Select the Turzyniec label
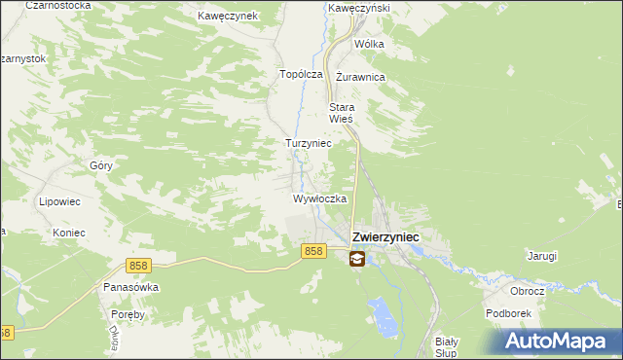point(308,143)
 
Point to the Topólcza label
point(301,74)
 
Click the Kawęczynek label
point(227,17)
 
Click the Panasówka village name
point(130,288)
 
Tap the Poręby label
point(128,314)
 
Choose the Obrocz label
point(527,291)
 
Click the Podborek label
point(507,314)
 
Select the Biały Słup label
point(447,347)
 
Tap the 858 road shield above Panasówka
point(139,266)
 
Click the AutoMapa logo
point(557,342)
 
